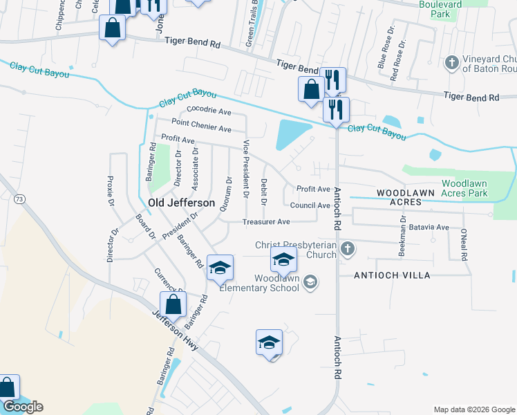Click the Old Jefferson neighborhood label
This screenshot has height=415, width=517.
(178, 202)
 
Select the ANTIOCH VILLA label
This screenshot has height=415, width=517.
(392, 275)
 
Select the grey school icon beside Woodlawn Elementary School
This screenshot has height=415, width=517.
(311, 281)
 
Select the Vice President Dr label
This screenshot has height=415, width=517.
(246, 169)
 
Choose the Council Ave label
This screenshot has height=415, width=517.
(310, 205)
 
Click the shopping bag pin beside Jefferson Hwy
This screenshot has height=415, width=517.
(173, 304)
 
